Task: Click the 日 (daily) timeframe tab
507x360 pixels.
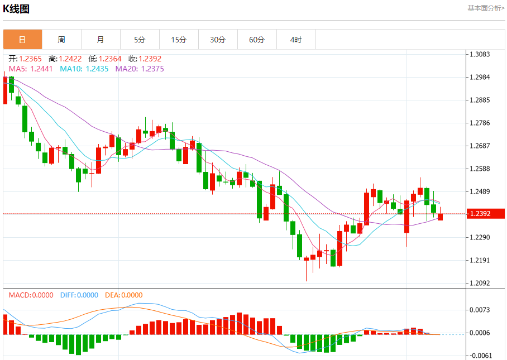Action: (22, 40)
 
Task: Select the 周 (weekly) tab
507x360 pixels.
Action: (61, 40)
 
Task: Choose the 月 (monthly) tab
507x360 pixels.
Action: (101, 40)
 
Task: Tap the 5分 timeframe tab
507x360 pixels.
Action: (140, 40)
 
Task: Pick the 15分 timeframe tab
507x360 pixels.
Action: (179, 40)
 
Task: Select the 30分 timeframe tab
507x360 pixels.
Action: (218, 40)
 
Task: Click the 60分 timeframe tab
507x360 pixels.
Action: (257, 40)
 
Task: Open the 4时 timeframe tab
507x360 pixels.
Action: (296, 40)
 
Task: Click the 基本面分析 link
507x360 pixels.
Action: (486, 8)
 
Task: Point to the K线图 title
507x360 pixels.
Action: (16, 9)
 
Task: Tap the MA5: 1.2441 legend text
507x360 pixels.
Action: (31, 69)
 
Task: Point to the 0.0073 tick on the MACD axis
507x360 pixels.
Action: (480, 310)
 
